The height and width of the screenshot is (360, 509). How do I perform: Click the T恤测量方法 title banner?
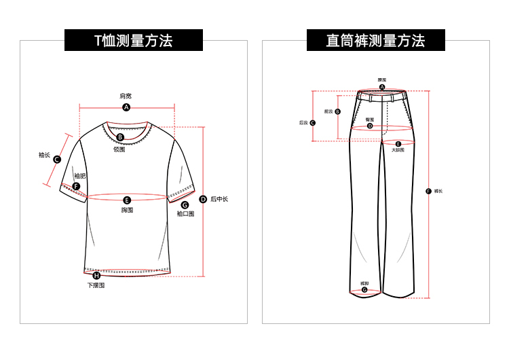pyautogui.click(x=134, y=41)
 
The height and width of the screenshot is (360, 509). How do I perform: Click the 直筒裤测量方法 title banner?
pyautogui.click(x=375, y=41)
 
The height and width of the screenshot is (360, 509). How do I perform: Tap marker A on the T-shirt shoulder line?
pyautogui.click(x=126, y=107)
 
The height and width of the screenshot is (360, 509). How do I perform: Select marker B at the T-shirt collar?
pyautogui.click(x=120, y=137)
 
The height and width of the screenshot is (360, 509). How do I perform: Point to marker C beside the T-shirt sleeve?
pyautogui.click(x=57, y=160)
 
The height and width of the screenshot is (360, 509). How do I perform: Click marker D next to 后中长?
pyautogui.click(x=203, y=200)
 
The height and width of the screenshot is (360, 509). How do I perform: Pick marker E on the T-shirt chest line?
pyautogui.click(x=127, y=200)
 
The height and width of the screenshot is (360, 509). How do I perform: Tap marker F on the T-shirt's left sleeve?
pyautogui.click(x=76, y=186)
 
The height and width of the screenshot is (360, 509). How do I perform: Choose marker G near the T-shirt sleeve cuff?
pyautogui.click(x=185, y=204)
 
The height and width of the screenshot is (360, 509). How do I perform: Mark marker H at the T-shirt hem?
pyautogui.click(x=96, y=275)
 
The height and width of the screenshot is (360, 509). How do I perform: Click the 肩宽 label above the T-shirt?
pyautogui.click(x=126, y=96)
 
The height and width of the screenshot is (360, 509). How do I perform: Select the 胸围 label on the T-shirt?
pyautogui.click(x=127, y=210)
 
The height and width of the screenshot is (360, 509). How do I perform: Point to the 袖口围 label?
pyautogui.click(x=185, y=214)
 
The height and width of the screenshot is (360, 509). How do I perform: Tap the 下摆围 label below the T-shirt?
pyautogui.click(x=96, y=285)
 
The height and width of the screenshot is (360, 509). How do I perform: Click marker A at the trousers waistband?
pyautogui.click(x=382, y=87)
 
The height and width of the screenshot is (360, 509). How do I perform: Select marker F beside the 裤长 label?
pyautogui.click(x=428, y=191)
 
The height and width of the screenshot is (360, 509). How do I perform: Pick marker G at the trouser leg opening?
pyautogui.click(x=364, y=290)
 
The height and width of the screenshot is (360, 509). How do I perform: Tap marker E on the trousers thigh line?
pyautogui.click(x=398, y=143)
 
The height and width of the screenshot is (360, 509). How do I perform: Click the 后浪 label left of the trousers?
pyautogui.click(x=303, y=123)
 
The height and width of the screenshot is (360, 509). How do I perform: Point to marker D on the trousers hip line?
pyautogui.click(x=370, y=126)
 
